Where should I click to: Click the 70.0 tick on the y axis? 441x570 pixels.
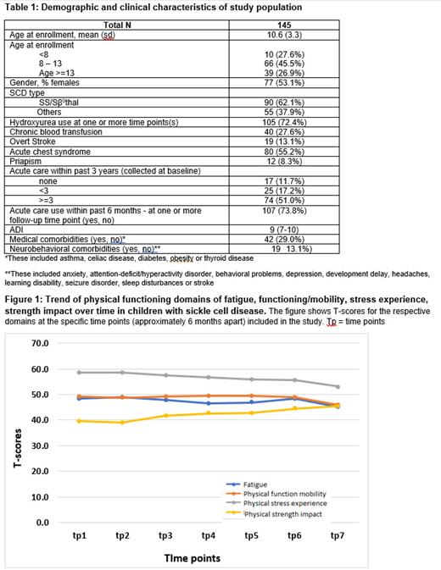pos(40,343)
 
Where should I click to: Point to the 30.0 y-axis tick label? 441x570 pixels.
pos(40,445)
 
